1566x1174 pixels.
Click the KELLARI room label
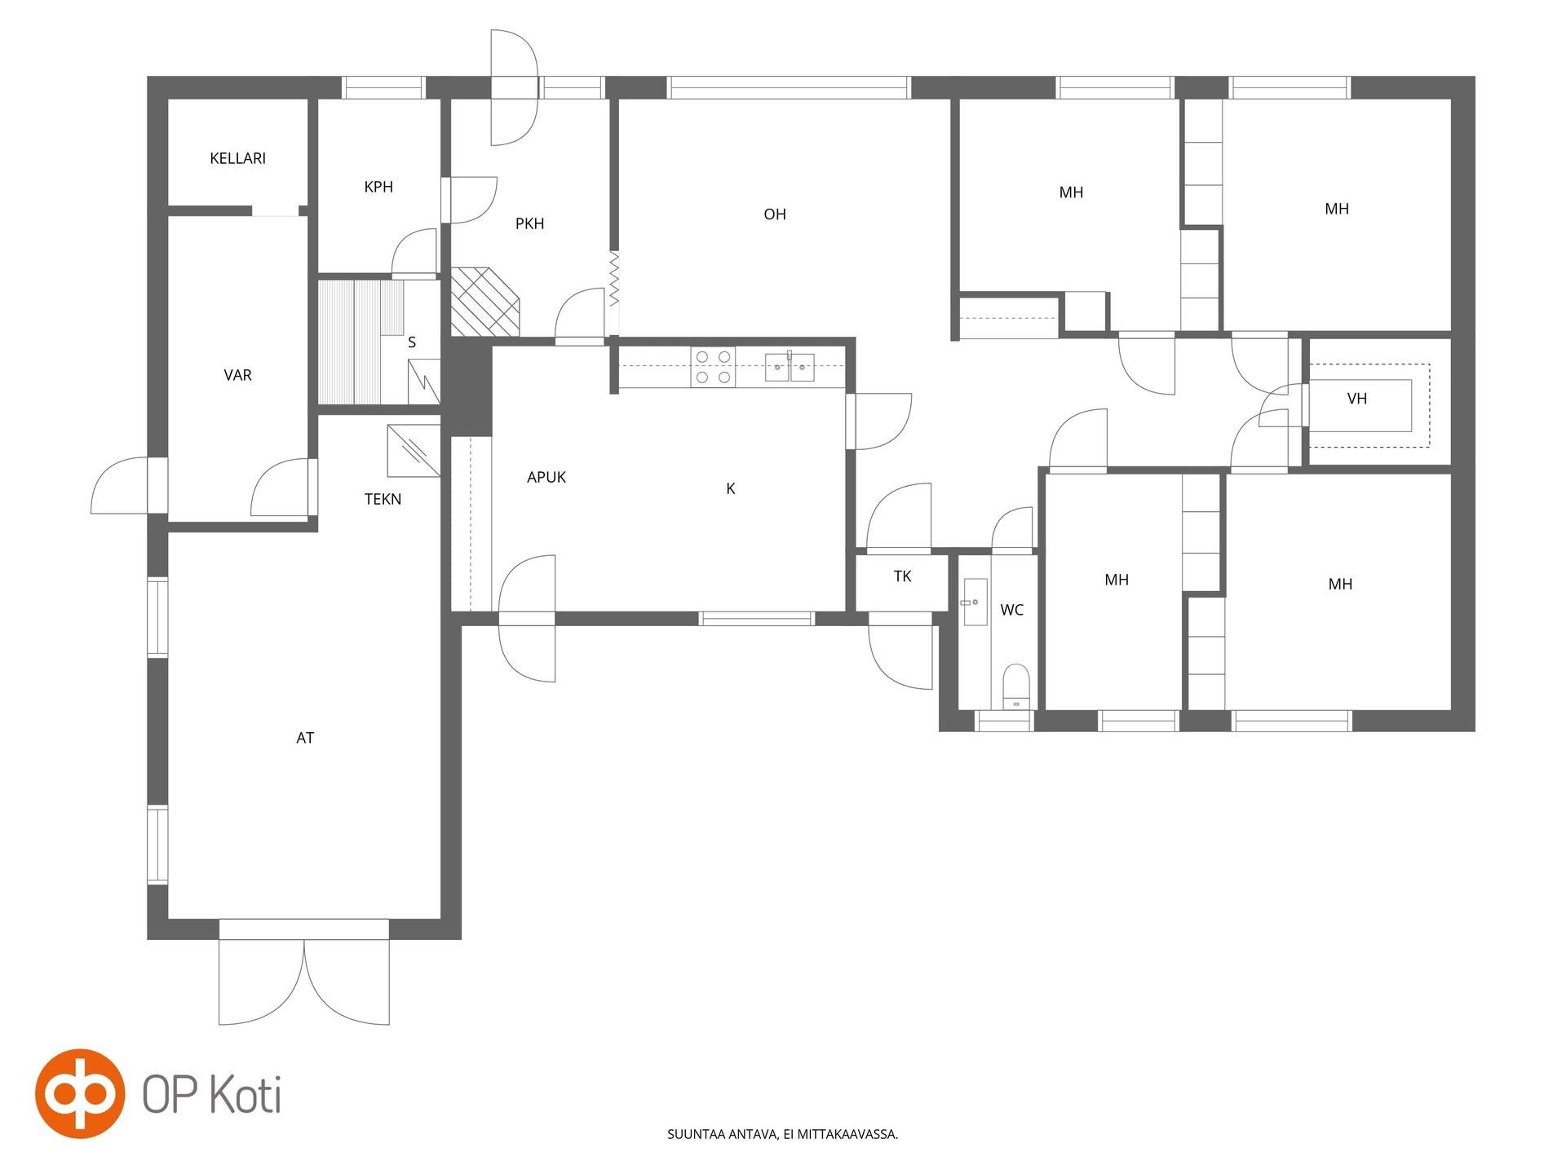(x=237, y=158)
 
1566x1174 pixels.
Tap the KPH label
(x=378, y=187)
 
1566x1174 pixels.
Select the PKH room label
(x=529, y=223)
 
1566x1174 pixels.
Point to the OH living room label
(x=775, y=214)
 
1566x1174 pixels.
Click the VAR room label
(x=237, y=375)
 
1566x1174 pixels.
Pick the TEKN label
(x=383, y=499)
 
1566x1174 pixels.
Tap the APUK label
(x=546, y=477)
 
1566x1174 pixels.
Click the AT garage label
(x=305, y=738)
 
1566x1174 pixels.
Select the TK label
(x=902, y=576)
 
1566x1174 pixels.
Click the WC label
(x=1011, y=610)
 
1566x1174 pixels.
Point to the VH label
(x=1357, y=399)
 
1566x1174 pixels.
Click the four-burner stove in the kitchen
(x=713, y=367)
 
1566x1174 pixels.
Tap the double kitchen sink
(x=790, y=368)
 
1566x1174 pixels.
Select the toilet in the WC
(x=1015, y=686)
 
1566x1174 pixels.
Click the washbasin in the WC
(x=975, y=602)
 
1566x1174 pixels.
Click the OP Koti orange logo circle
(x=80, y=1093)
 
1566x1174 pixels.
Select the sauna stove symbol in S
(x=423, y=382)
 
